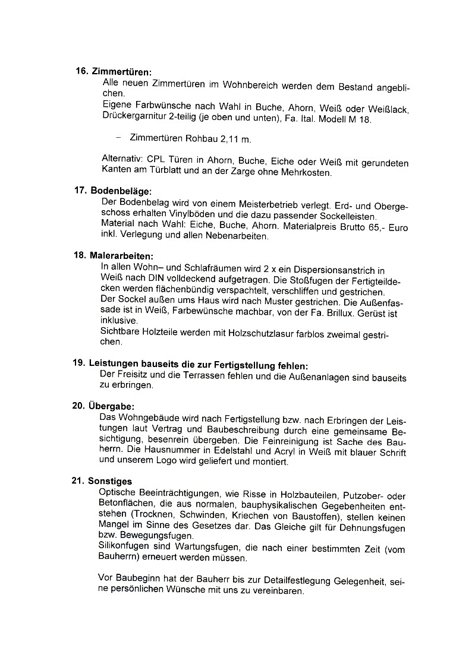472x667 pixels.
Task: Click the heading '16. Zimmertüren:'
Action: pyautogui.click(x=114, y=71)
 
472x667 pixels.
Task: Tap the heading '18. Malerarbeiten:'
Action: pyautogui.click(x=114, y=255)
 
